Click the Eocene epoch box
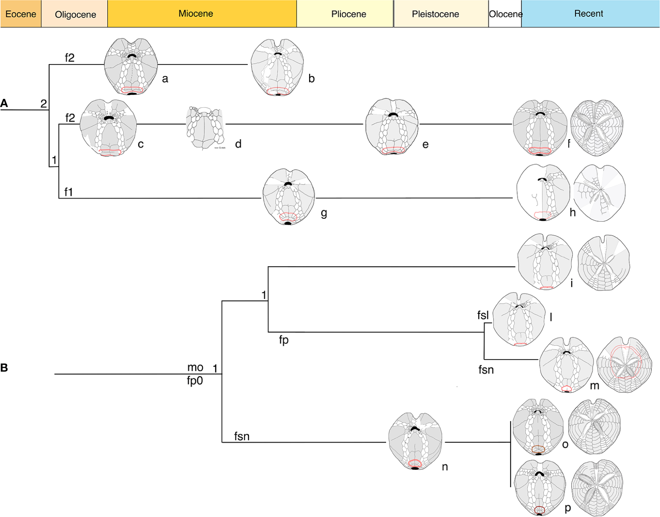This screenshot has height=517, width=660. (x=21, y=14)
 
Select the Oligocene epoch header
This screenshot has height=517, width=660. (x=75, y=14)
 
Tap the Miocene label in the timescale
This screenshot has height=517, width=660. (x=196, y=14)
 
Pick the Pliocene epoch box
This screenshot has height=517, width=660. (x=349, y=14)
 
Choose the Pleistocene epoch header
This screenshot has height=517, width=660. (x=435, y=14)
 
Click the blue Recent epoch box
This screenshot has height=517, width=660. (x=589, y=14)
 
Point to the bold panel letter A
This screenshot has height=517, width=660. (x=4, y=103)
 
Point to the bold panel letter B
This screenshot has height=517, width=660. (x=4, y=368)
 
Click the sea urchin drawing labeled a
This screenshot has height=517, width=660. (x=131, y=66)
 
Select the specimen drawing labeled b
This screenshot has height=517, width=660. (x=277, y=67)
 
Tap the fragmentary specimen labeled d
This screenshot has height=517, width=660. (x=206, y=127)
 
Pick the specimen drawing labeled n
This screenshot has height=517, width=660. (x=415, y=441)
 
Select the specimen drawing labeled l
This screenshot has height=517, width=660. (x=519, y=319)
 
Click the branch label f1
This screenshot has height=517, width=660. (x=68, y=192)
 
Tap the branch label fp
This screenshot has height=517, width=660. (x=284, y=340)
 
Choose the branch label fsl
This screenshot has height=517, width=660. (x=483, y=315)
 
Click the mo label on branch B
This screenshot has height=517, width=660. (x=195, y=367)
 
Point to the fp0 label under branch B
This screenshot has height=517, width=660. (x=195, y=381)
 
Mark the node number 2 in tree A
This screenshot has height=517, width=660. (x=44, y=104)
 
